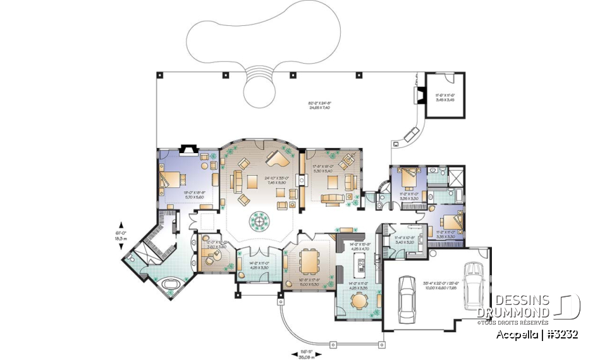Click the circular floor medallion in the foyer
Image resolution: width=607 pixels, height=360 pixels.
pyautogui.click(x=260, y=220)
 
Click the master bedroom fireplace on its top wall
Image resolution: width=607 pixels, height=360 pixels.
pyautogui.click(x=187, y=149)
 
